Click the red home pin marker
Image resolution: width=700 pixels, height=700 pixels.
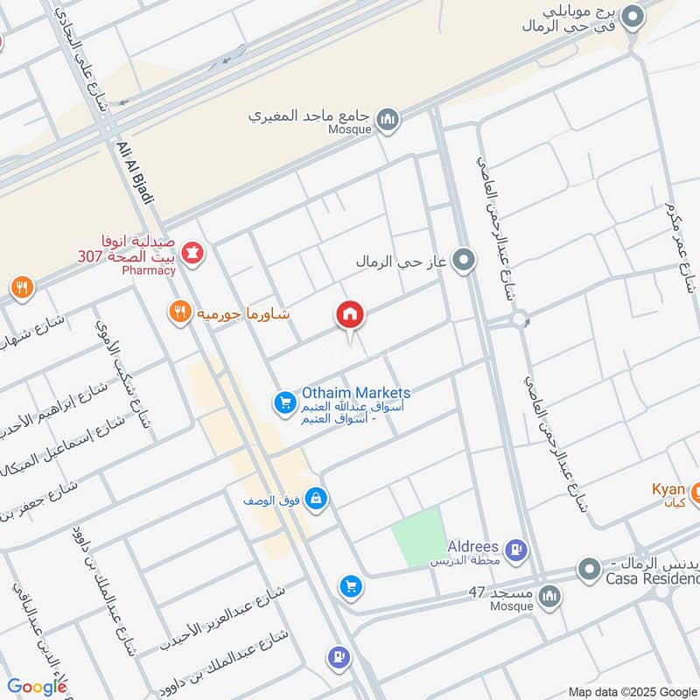click(x=350, y=316)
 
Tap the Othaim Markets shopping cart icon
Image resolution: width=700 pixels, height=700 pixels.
click(x=284, y=402)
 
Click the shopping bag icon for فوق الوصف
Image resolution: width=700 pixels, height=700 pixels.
click(x=317, y=500)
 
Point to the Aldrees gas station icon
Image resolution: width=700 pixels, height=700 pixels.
click(x=516, y=550)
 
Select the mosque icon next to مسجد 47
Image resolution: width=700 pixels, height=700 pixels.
click(x=549, y=598)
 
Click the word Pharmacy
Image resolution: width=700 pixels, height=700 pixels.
click(x=149, y=270)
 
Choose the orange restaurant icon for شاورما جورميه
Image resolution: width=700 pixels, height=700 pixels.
click(x=180, y=312)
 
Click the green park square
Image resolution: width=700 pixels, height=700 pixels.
click(x=417, y=535)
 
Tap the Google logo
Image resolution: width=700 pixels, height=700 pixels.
click(x=37, y=687)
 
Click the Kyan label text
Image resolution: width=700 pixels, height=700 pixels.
click(x=668, y=489)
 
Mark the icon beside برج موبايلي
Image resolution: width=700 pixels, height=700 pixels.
click(x=632, y=15)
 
